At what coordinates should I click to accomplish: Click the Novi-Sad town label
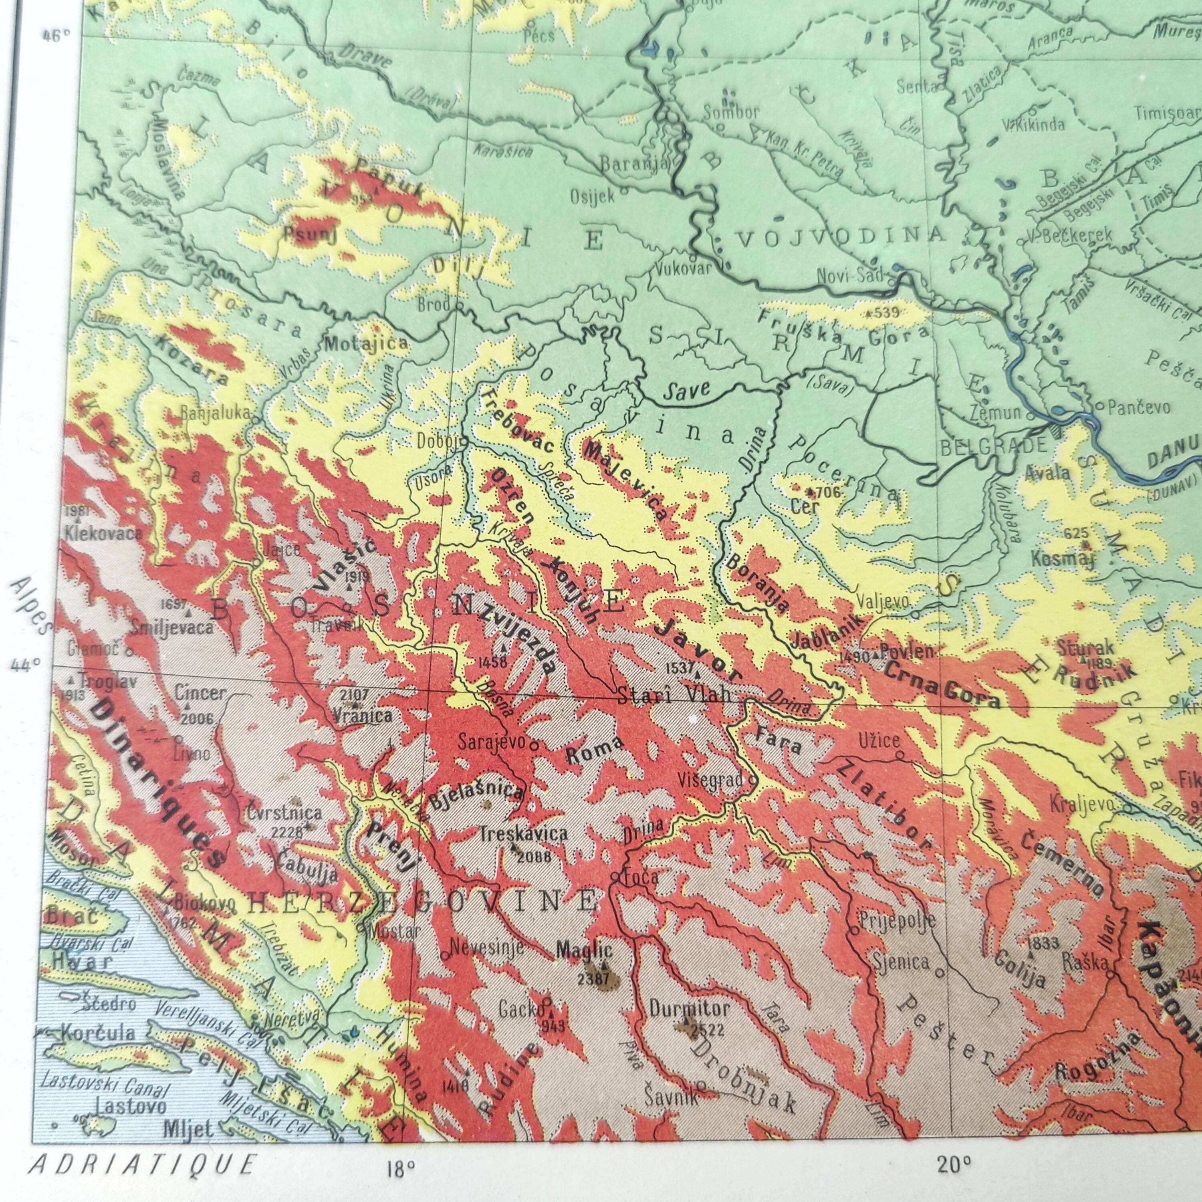coord(849,275)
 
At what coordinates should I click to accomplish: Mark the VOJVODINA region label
coord(840,235)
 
